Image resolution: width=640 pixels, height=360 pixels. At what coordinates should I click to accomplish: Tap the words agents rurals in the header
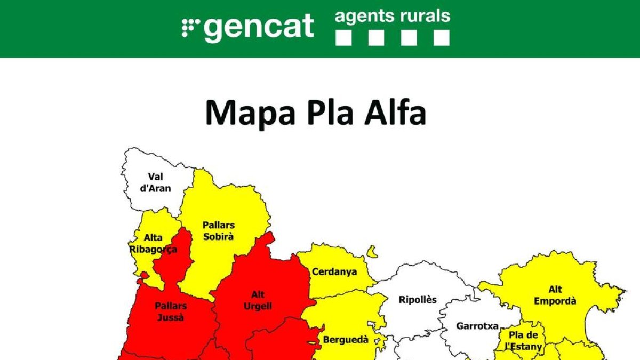click(392, 17)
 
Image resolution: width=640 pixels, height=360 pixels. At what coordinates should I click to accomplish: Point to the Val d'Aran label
click(156, 182)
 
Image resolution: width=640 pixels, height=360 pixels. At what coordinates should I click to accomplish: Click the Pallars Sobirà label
click(218, 231)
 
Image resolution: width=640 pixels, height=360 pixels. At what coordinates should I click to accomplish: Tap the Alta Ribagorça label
click(153, 244)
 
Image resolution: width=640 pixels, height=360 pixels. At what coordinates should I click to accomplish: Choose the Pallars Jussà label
click(171, 311)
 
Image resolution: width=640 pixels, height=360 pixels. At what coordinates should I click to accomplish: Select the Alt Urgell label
click(258, 300)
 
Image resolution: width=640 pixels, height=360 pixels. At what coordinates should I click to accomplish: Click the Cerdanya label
click(334, 272)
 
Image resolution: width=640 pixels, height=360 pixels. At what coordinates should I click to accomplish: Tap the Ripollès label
click(418, 300)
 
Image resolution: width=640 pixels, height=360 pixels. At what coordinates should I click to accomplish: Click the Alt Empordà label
click(555, 295)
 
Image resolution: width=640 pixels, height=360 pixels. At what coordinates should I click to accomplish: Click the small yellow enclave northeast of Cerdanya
click(372, 251)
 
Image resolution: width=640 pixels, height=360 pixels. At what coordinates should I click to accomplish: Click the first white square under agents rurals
click(344, 37)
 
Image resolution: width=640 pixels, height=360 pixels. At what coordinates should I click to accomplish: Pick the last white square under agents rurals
click(441, 37)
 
